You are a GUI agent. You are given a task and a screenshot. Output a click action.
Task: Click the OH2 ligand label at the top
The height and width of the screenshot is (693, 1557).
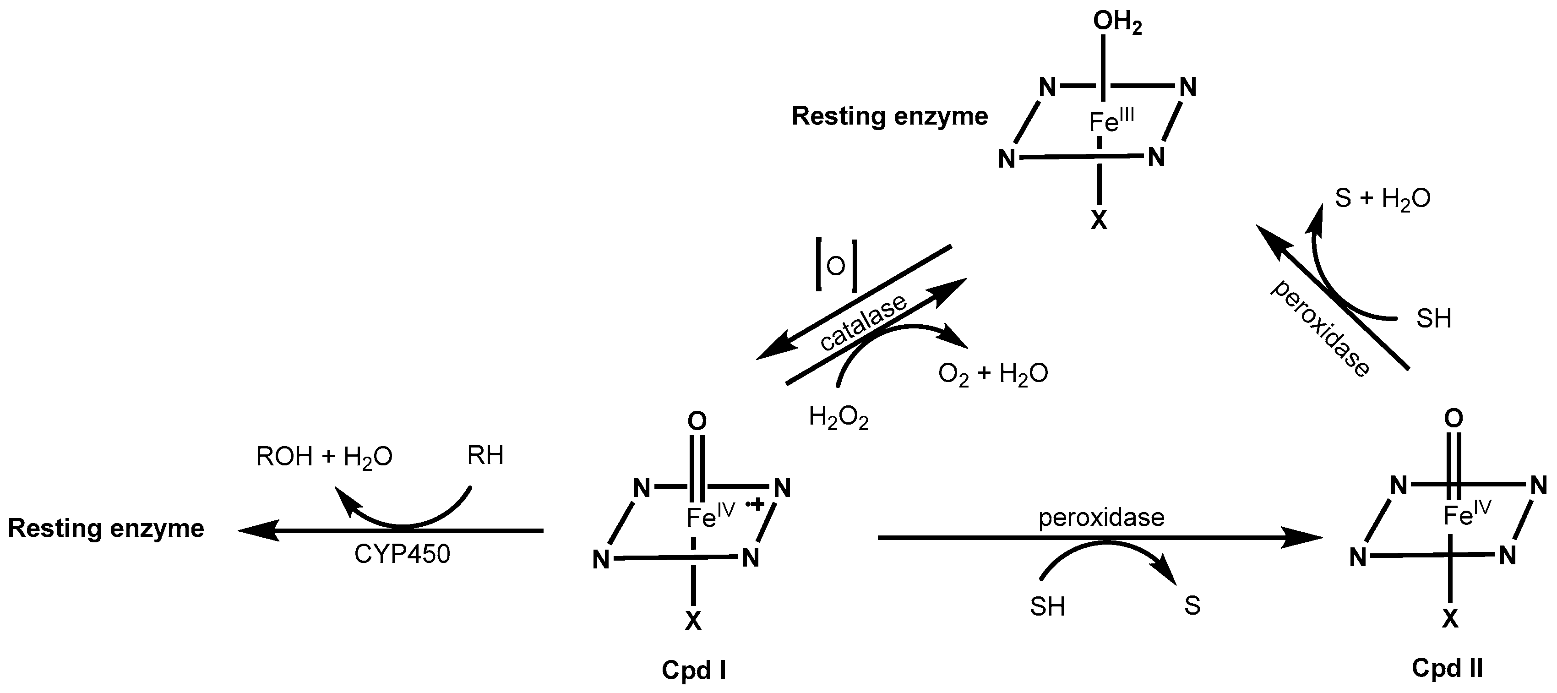click(1117, 23)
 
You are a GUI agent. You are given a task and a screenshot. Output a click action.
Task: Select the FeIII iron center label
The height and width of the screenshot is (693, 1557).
click(1111, 121)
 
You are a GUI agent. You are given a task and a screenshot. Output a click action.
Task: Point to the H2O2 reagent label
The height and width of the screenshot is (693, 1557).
click(838, 418)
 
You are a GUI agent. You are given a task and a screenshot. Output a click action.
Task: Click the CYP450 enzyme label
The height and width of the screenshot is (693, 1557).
click(402, 554)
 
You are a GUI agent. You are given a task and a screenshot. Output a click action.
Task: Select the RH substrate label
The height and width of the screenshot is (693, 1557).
click(485, 455)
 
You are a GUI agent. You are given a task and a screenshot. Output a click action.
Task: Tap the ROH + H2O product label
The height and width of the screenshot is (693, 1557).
click(324, 457)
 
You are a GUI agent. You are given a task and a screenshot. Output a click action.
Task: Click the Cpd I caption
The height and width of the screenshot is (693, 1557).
click(693, 670)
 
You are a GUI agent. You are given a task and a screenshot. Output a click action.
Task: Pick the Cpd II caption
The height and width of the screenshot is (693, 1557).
click(1447, 668)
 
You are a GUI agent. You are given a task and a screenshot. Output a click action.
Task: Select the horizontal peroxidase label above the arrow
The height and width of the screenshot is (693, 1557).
click(1101, 518)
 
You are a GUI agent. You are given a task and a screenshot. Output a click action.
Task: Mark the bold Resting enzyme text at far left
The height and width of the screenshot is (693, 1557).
click(106, 529)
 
